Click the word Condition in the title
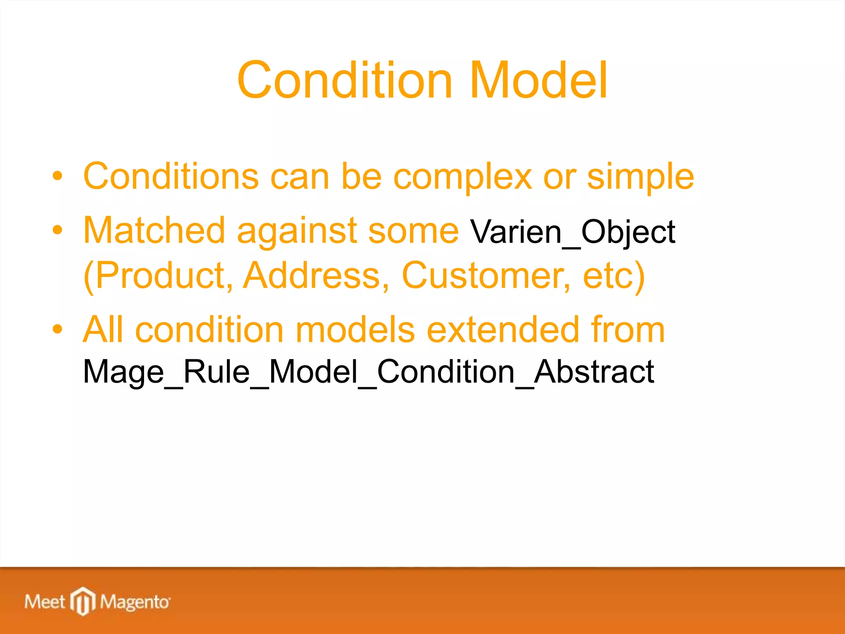pyautogui.click(x=345, y=80)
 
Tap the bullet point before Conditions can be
pyautogui.click(x=57, y=176)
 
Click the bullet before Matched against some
pyautogui.click(x=57, y=230)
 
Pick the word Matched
pyautogui.click(x=154, y=230)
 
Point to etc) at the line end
pyautogui.click(x=614, y=276)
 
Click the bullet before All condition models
pyautogui.click(x=57, y=329)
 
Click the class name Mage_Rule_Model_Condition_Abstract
pyautogui.click(x=368, y=372)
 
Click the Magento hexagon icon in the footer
pyautogui.click(x=83, y=601)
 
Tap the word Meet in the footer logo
pyautogui.click(x=45, y=602)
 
